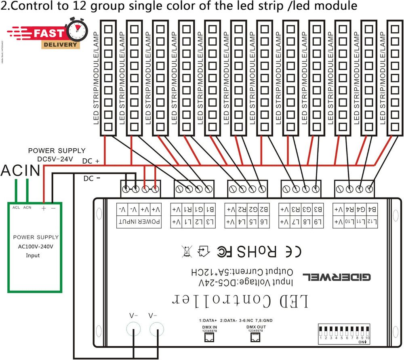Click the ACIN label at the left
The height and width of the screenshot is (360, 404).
(21, 171)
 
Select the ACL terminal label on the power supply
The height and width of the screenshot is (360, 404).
(16, 207)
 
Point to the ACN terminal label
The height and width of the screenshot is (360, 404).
(27, 207)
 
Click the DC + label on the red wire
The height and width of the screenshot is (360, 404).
(91, 161)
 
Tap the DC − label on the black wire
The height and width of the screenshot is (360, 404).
(91, 178)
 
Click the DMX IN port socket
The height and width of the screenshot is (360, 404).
(210, 339)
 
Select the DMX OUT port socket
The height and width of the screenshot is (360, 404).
(255, 339)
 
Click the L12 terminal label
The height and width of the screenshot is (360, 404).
(372, 222)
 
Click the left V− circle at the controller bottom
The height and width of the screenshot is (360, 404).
(135, 331)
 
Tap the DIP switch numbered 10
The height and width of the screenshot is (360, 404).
(368, 331)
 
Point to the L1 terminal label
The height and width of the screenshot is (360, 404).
(188, 222)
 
